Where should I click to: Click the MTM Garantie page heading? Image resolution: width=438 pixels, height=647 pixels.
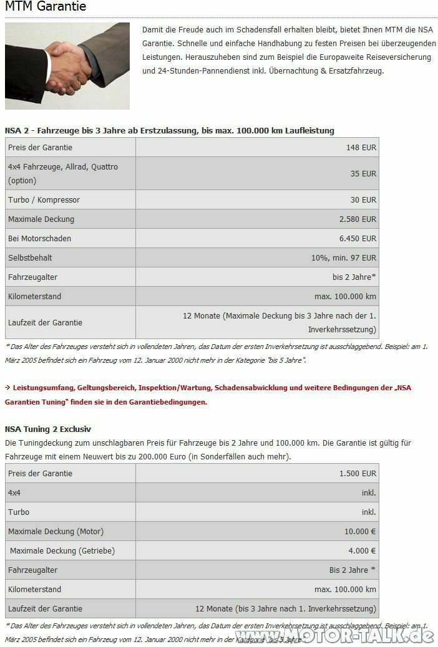[x=46, y=7]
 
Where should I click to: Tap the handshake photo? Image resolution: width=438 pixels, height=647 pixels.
[x=67, y=65]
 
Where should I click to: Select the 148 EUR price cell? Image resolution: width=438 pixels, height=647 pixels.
[x=361, y=147]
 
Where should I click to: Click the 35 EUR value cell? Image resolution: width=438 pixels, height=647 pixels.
[x=363, y=173]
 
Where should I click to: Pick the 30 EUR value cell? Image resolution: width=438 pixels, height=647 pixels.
[x=363, y=199]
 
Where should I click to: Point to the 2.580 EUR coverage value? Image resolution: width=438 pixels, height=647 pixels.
[x=358, y=219]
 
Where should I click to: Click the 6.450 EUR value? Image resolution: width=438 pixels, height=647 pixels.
[x=358, y=238]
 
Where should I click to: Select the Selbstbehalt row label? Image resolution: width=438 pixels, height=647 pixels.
[x=30, y=257]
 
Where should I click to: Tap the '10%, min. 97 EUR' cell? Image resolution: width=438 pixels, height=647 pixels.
[x=344, y=257]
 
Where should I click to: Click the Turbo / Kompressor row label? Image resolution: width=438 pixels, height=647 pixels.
[x=44, y=199]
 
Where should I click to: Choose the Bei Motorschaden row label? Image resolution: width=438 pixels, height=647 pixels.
[x=39, y=238]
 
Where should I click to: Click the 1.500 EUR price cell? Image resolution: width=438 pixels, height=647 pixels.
[x=358, y=473]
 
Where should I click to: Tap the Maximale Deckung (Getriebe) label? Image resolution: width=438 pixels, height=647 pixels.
[x=62, y=550]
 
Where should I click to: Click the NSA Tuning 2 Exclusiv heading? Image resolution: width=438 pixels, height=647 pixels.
[x=48, y=429]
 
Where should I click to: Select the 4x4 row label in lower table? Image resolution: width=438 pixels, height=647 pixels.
[x=14, y=492]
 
